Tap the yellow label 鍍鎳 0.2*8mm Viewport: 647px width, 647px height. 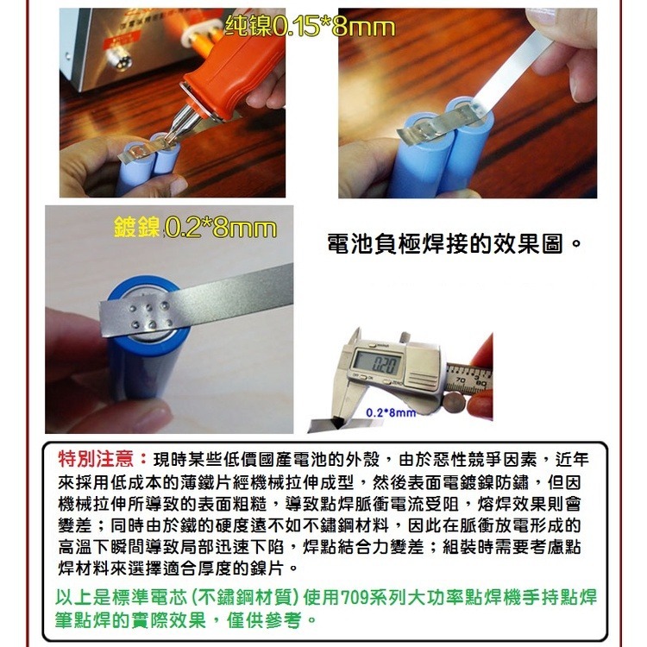tap(195, 229)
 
